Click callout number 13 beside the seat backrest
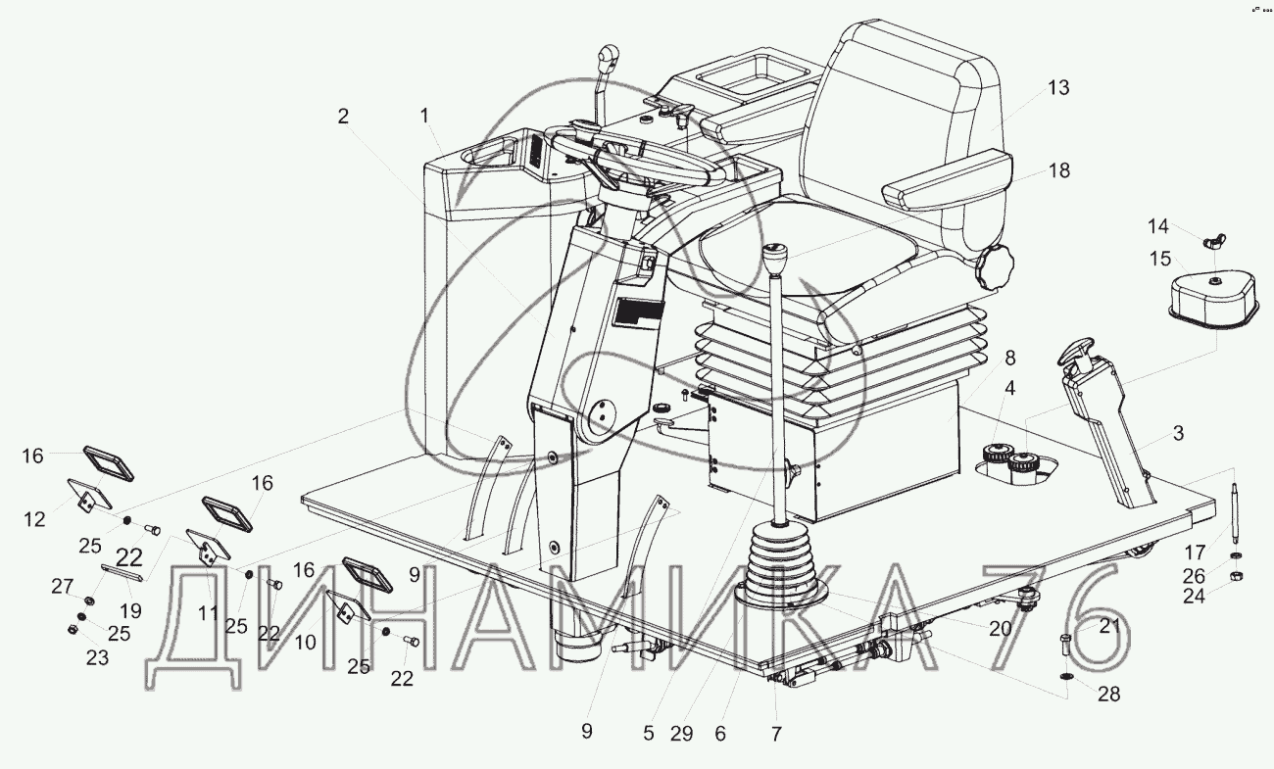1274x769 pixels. (x=1057, y=88)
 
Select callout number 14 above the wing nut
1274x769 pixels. (x=1159, y=227)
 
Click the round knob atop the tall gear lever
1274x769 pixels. (x=778, y=261)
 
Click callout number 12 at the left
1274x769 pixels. (x=35, y=519)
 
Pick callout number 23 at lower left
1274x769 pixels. (x=96, y=658)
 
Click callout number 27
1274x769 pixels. (x=63, y=587)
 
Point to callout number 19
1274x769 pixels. (x=129, y=610)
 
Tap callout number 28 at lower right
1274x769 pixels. (x=1108, y=694)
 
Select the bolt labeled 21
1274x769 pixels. (x=1067, y=648)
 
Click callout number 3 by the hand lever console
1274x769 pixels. (x=1177, y=432)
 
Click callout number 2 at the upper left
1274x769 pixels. (x=342, y=116)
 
